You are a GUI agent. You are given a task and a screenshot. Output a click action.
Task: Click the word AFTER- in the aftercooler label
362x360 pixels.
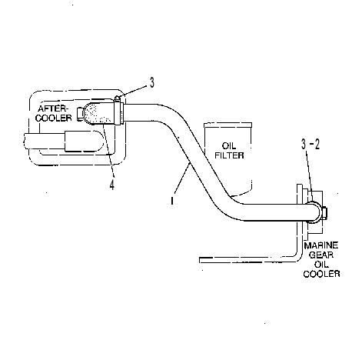53,108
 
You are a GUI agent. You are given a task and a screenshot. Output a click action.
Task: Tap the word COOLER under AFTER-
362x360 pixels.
54,118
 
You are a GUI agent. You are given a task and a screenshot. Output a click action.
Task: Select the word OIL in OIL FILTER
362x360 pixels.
229,146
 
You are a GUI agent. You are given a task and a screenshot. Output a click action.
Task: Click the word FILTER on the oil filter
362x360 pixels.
229,155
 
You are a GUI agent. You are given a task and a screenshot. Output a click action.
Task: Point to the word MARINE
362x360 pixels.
321,245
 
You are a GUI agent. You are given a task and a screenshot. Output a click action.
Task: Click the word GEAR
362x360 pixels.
321,255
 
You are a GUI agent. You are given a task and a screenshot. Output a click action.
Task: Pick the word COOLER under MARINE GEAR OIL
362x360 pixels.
321,274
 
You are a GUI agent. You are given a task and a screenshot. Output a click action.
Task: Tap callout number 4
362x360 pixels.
112,185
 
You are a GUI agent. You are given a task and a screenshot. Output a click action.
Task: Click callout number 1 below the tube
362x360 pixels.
172,201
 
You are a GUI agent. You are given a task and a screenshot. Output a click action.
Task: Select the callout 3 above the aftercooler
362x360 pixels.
152,83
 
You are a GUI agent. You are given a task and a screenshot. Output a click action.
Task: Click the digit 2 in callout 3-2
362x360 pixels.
317,145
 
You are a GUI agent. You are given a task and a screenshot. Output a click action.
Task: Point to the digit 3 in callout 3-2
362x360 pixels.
304,145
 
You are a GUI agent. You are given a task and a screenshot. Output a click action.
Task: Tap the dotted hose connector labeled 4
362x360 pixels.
99,114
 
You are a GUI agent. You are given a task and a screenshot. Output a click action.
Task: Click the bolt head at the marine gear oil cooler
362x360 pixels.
324,212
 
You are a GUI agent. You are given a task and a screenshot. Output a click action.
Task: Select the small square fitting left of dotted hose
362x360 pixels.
80,113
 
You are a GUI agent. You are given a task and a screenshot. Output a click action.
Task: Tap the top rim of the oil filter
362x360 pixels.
227,125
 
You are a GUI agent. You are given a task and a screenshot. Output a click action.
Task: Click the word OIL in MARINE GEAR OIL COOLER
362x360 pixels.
321,264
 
